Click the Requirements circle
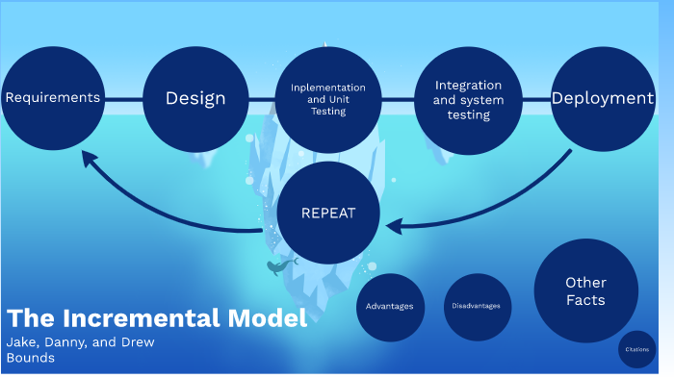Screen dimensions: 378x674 52,98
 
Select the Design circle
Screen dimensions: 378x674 195,98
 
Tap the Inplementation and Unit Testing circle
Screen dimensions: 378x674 329,99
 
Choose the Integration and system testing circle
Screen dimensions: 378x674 467,99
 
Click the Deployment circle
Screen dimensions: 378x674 603,98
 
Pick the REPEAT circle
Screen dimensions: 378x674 328,213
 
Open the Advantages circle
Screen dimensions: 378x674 390,306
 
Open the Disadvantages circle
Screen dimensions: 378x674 477,306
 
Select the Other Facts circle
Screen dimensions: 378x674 585,290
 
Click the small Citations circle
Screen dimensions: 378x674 636,349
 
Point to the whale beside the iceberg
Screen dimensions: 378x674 280,266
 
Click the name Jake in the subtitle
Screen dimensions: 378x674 22,342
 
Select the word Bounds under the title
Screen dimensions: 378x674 30,358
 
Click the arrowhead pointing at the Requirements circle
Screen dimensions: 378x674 88,158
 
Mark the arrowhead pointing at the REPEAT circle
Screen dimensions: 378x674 393,225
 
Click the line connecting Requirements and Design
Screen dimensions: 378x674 123,98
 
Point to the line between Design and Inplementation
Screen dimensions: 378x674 262,98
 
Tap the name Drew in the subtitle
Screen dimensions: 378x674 137,342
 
